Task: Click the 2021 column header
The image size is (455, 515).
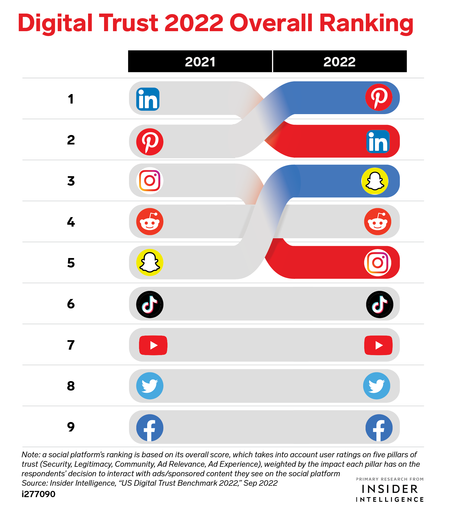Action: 200,62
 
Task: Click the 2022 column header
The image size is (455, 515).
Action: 339,62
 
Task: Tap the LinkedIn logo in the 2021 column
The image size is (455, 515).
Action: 148,99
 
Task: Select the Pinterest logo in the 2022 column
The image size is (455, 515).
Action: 379,97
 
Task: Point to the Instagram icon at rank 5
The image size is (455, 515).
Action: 377,262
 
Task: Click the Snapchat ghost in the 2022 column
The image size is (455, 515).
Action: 375,181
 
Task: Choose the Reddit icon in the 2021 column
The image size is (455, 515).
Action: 150,221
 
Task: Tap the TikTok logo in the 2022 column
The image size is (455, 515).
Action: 379,304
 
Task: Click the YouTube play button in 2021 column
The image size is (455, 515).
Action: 153,345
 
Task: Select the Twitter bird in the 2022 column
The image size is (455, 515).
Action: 377,386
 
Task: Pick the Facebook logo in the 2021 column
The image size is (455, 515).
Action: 150,427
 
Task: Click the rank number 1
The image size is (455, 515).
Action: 71,99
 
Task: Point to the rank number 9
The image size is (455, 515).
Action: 71,427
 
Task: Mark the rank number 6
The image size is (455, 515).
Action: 71,304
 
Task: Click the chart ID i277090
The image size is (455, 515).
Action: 38,494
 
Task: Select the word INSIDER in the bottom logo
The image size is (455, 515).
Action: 390,489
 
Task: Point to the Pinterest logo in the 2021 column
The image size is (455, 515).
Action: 150,142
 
